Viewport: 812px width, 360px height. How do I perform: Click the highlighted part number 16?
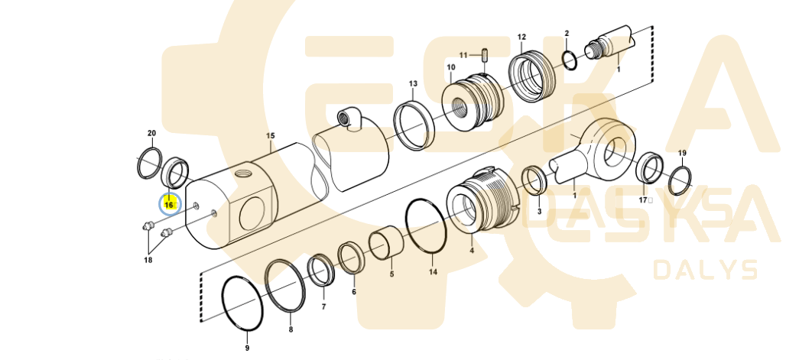169,205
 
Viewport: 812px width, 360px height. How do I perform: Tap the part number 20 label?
151,133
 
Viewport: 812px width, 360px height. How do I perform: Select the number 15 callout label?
271,136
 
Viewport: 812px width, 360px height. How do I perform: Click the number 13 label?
413,83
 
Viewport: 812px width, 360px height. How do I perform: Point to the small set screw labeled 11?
486,54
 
